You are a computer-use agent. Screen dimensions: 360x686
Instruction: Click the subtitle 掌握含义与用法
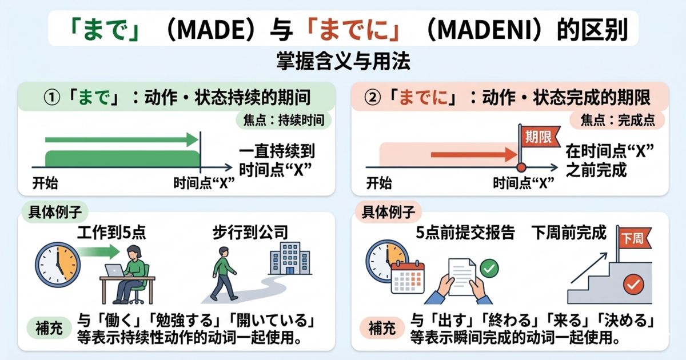(x=343, y=62)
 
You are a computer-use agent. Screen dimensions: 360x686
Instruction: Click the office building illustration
(x=286, y=260)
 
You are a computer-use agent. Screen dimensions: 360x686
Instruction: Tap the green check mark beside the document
(x=489, y=267)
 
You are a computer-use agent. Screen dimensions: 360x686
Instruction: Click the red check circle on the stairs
(x=633, y=283)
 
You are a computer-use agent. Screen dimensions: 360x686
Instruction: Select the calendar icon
(x=407, y=277)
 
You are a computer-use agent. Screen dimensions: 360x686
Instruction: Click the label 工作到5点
(x=111, y=233)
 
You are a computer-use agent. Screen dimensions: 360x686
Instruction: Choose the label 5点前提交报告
(x=465, y=233)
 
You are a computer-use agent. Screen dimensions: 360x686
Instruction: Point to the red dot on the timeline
(x=521, y=167)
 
